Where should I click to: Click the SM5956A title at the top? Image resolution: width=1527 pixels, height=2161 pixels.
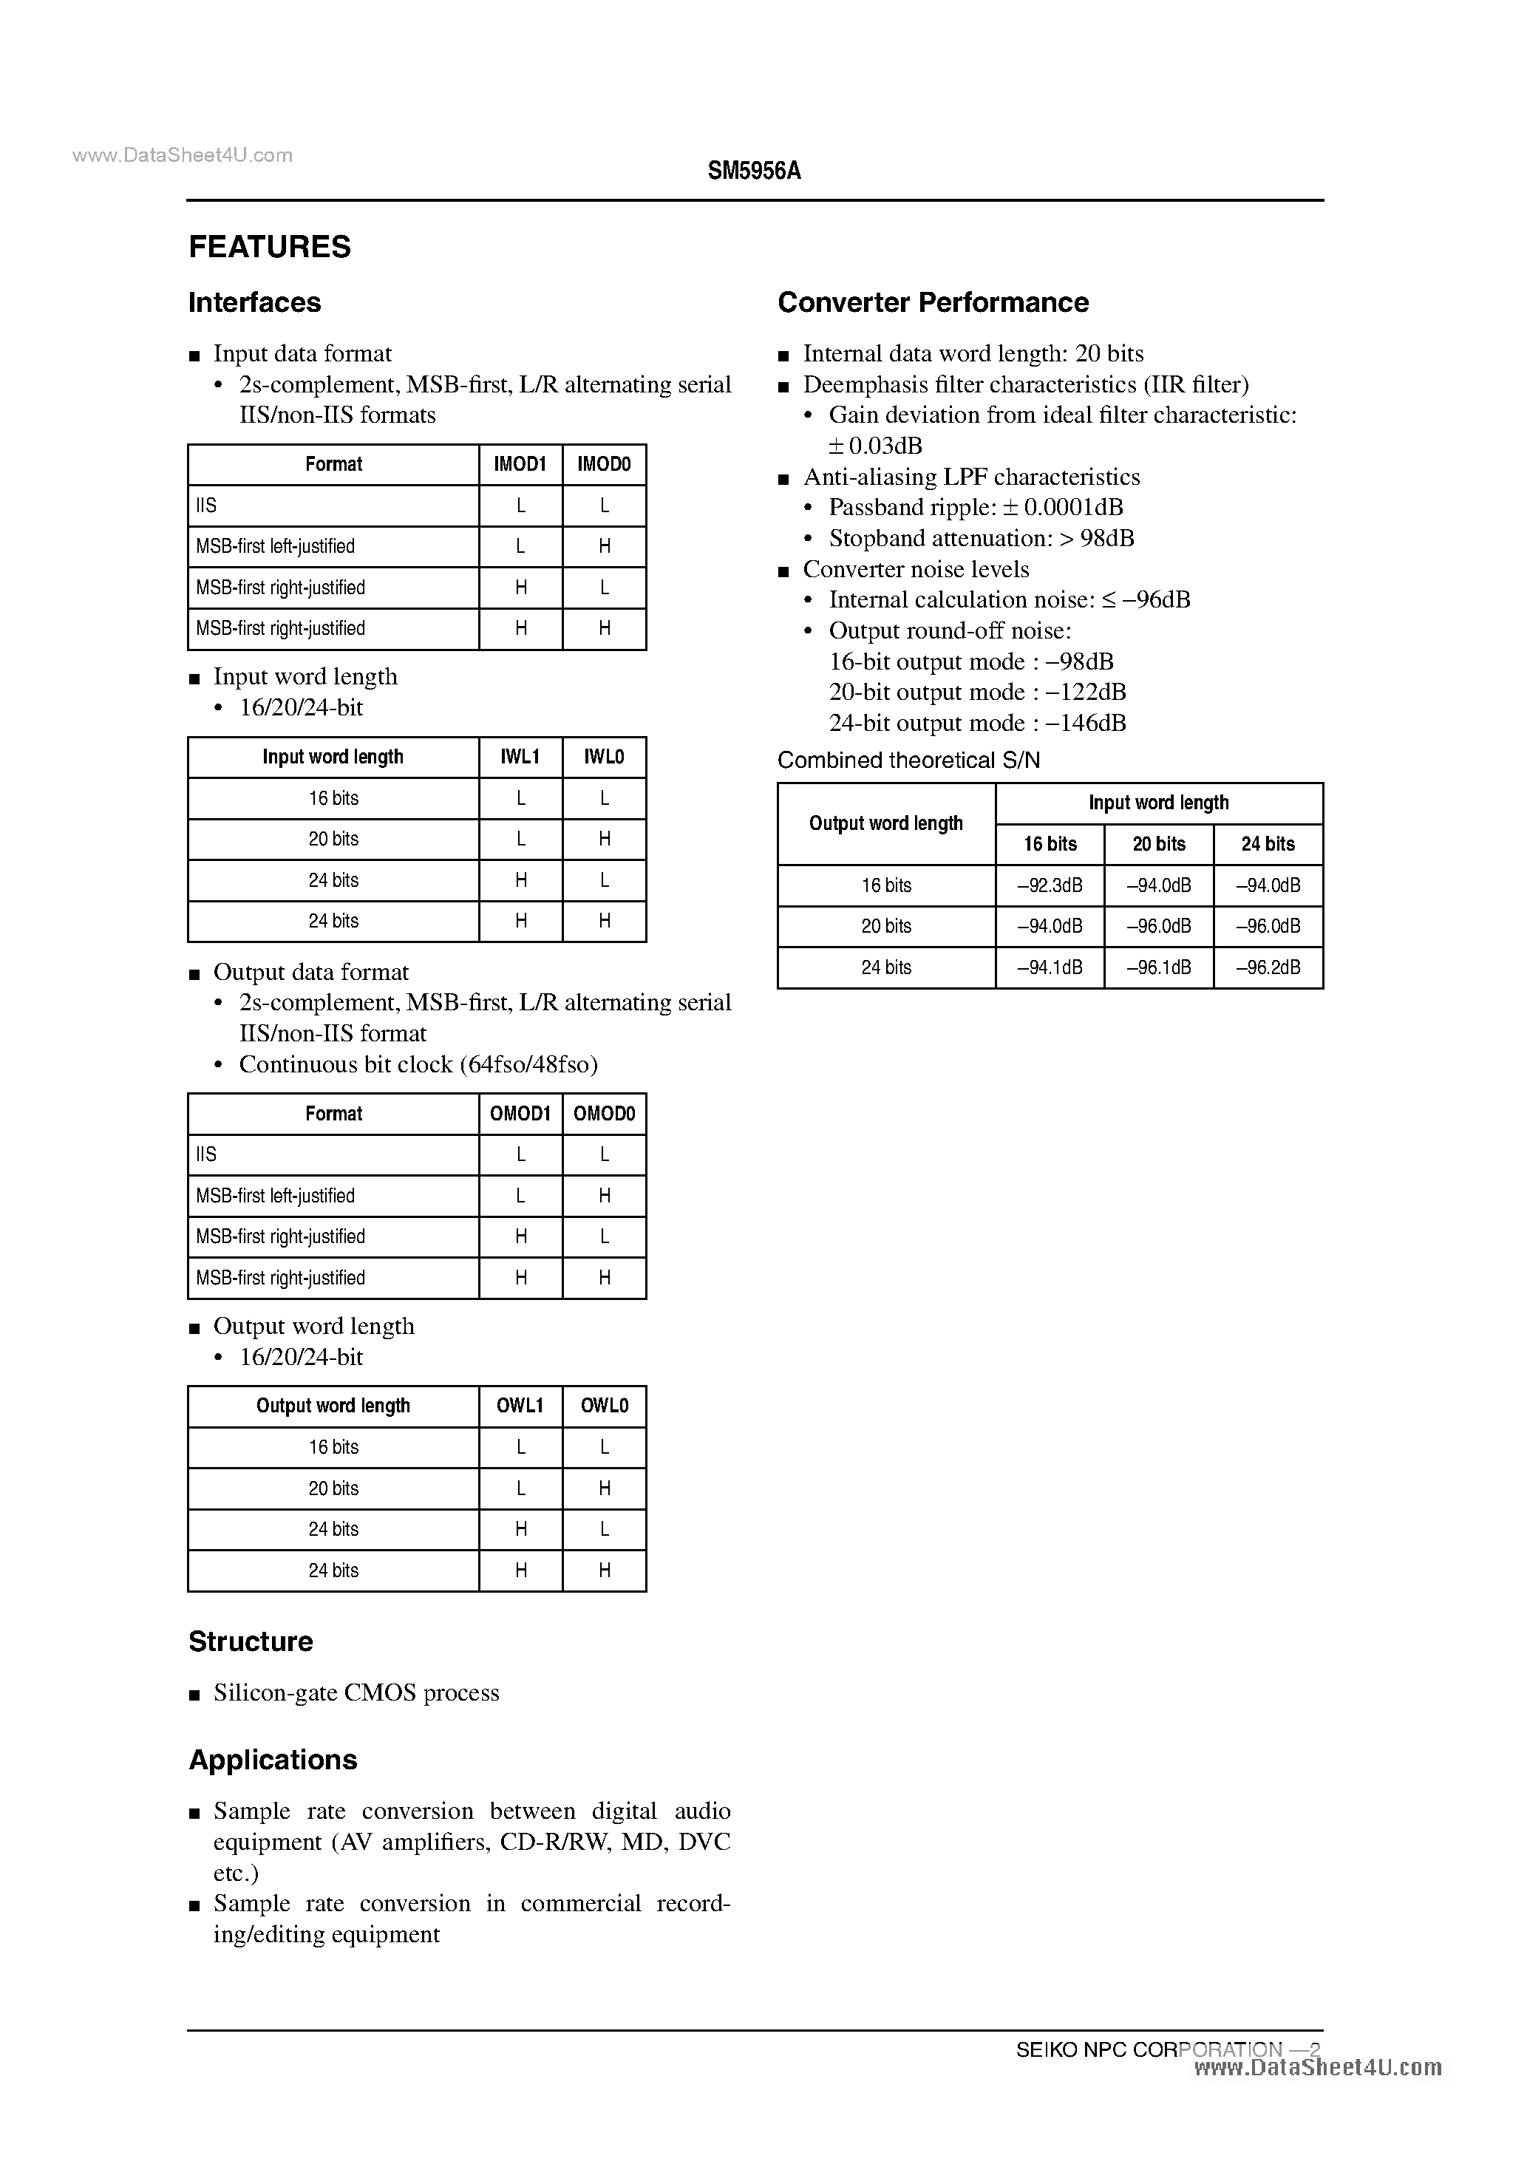coord(754,171)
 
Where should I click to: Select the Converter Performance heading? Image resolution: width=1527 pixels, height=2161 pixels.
coord(932,302)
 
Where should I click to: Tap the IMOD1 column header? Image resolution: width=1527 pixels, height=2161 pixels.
coord(520,464)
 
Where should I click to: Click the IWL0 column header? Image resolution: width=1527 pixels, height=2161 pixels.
coord(603,757)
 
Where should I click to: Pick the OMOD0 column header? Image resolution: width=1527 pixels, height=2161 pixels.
coord(603,1114)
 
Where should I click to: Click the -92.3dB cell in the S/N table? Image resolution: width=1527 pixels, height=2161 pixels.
coord(1050,885)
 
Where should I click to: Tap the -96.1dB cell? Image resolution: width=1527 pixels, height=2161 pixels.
coord(1158,967)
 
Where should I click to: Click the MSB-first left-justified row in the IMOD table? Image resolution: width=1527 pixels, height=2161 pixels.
coord(275,546)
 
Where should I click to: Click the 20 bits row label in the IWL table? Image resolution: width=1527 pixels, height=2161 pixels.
coord(333,839)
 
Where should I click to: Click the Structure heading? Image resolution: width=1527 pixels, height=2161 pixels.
coord(251,1641)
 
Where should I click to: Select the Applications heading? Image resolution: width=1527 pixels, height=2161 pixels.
coord(273,1759)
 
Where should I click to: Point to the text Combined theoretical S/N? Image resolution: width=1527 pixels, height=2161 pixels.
coord(908,760)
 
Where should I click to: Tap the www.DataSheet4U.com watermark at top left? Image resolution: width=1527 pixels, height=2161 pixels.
coord(182,155)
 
